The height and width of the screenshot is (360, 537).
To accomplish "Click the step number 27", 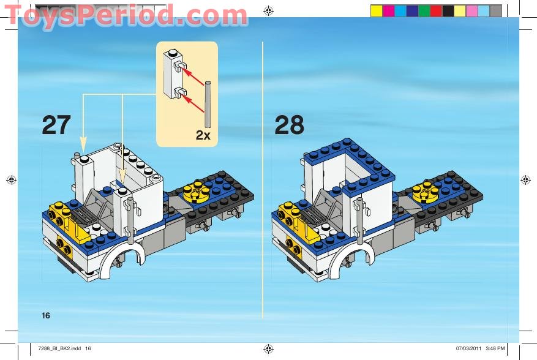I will coord(56,125).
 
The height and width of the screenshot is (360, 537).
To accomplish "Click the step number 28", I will coord(289,125).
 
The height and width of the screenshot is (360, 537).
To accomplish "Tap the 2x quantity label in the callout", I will coord(203,135).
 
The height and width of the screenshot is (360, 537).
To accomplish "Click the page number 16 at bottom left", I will coord(45,315).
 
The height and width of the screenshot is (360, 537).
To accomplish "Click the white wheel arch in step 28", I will coord(350,262).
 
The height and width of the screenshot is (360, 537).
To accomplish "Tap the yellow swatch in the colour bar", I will coord(376,10).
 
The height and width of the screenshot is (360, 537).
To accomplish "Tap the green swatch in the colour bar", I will coord(424,10).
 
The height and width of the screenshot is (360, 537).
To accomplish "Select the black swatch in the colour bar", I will coord(448,10).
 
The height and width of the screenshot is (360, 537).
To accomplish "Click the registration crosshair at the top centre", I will coord(268,10).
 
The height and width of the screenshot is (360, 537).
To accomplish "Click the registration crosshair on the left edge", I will coord(10,179).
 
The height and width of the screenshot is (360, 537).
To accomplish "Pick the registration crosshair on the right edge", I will coord(525,179).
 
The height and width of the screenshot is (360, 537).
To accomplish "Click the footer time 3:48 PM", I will coord(495,348).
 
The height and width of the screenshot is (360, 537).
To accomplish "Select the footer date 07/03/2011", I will coord(468,348).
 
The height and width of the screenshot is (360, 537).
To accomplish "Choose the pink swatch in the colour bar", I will coord(471,10).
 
